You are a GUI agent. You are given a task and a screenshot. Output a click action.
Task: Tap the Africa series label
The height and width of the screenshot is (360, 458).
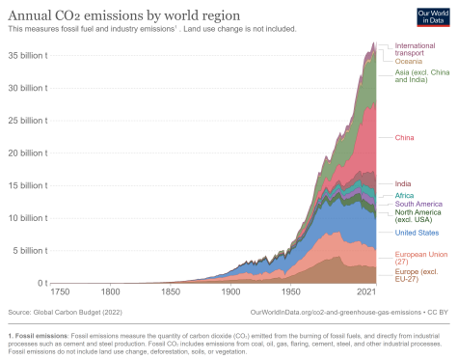click(x=406, y=195)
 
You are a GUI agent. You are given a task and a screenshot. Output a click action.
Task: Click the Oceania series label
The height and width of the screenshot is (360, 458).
click(x=411, y=62)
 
